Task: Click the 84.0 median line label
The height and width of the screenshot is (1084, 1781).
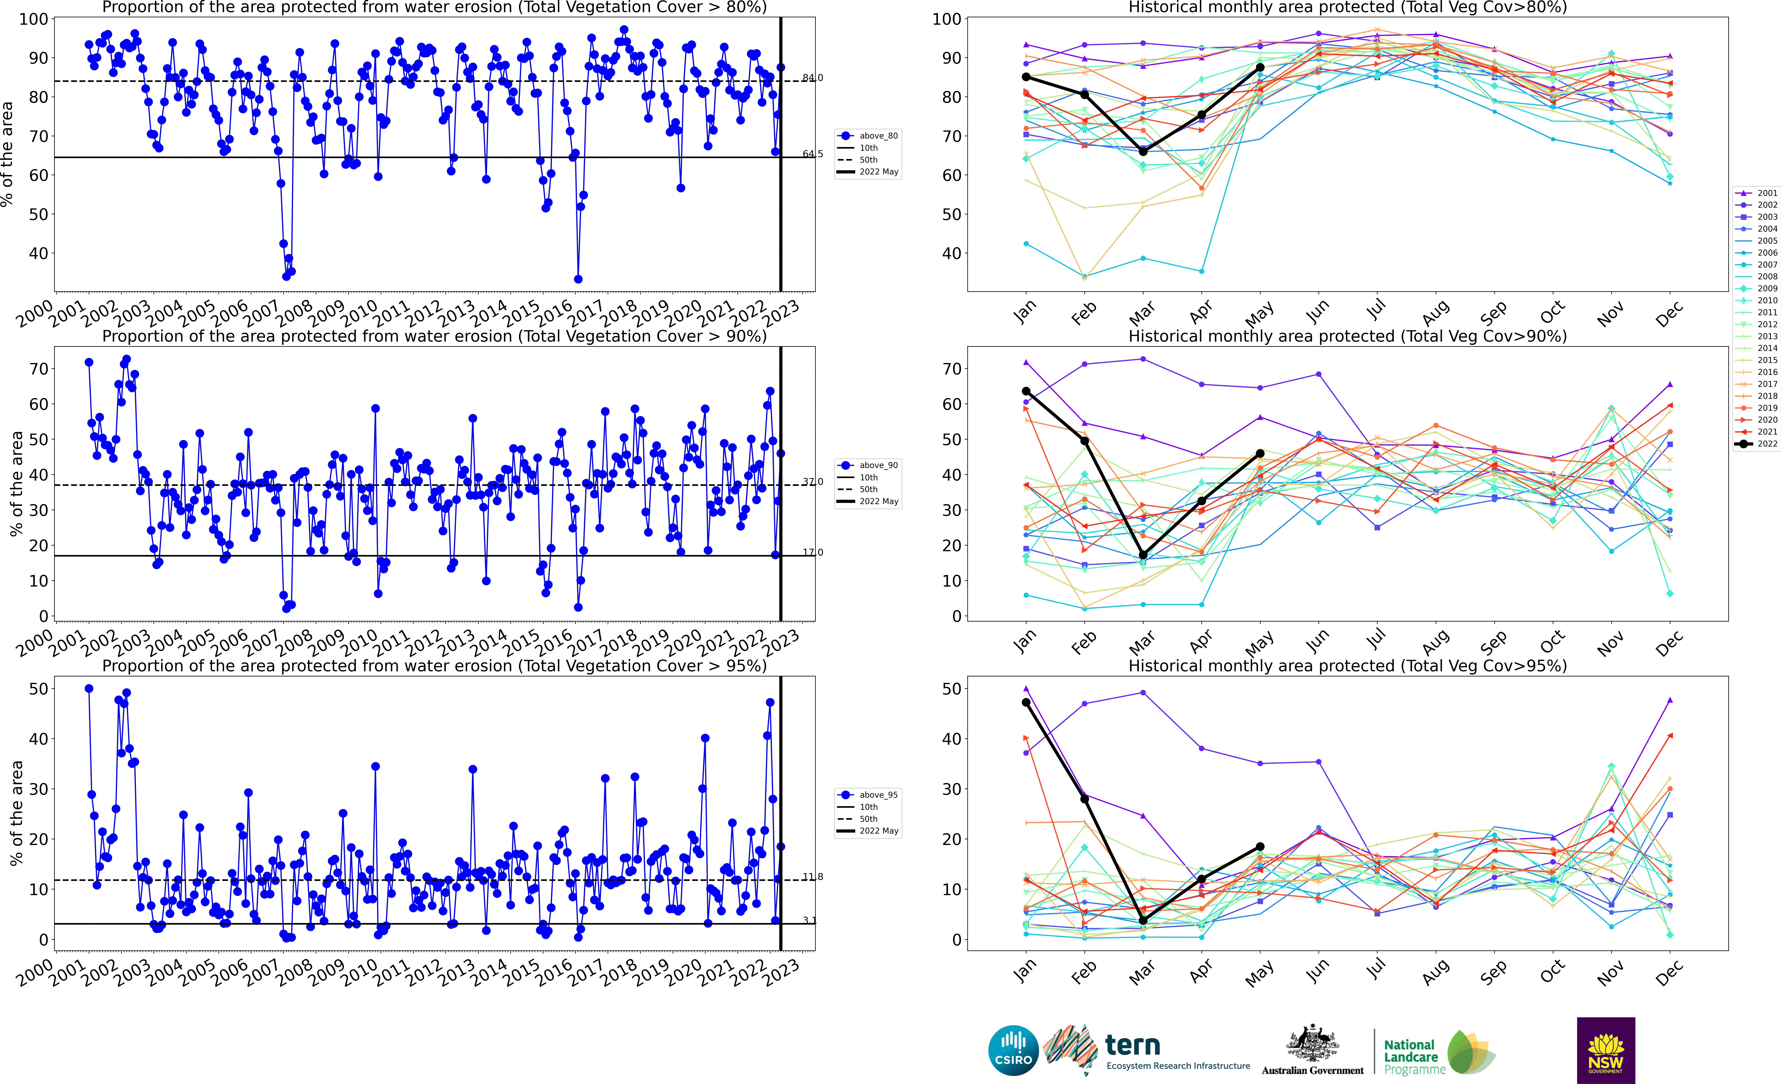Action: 812,77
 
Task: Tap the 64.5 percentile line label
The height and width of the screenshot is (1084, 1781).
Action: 812,154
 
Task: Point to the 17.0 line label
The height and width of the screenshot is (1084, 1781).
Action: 812,552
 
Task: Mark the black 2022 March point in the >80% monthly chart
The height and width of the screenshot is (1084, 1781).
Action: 1143,152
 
